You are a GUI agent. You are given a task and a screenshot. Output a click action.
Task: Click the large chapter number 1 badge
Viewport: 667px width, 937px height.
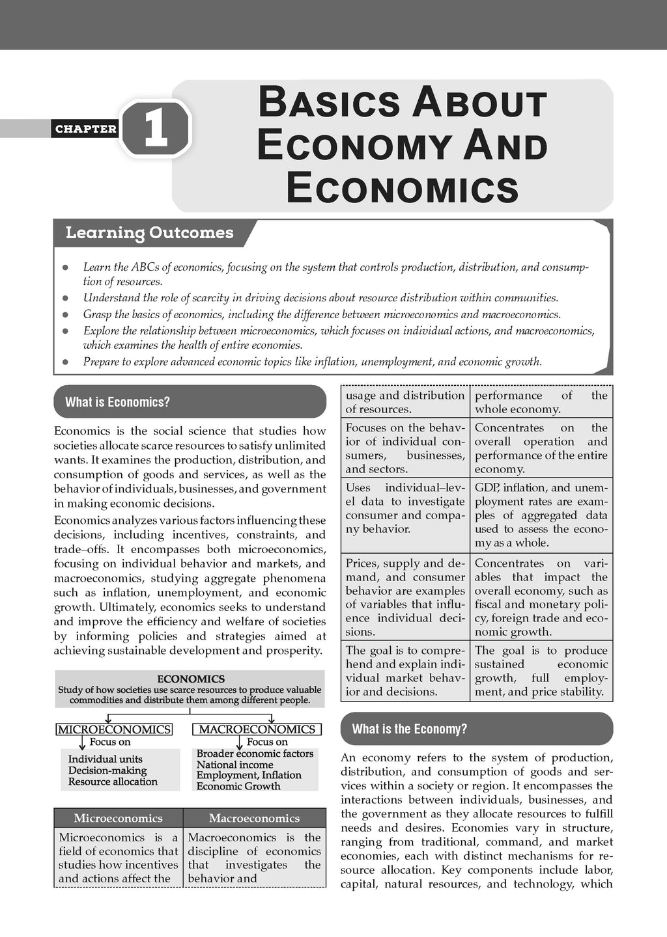click(156, 128)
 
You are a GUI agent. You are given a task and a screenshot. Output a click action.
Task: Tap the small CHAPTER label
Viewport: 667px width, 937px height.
click(86, 129)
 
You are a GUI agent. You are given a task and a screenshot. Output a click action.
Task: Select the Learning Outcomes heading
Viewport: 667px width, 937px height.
click(149, 233)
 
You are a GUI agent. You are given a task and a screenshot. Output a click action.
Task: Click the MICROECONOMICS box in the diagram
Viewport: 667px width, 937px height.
click(115, 729)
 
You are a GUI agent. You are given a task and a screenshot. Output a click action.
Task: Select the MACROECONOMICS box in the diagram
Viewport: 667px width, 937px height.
click(257, 729)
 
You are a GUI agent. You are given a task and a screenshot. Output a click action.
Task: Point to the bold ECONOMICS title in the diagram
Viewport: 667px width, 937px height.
click(190, 679)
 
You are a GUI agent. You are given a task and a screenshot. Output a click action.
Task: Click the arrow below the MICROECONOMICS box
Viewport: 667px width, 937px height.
click(82, 742)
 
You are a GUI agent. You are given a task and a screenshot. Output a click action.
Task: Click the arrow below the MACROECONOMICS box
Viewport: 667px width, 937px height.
click(239, 742)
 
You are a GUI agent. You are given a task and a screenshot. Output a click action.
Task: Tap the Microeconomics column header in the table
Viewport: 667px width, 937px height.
click(118, 818)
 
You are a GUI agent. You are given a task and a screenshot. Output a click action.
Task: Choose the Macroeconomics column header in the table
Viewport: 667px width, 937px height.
click(254, 818)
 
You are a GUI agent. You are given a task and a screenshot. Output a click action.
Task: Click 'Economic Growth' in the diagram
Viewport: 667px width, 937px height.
click(238, 786)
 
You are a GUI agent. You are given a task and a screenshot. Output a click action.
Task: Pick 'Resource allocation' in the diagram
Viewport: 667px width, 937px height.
click(113, 781)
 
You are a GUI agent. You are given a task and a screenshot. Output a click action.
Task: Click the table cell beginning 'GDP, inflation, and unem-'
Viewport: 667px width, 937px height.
click(541, 515)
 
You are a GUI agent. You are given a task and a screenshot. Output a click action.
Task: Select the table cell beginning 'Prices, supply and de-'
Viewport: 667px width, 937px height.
click(404, 597)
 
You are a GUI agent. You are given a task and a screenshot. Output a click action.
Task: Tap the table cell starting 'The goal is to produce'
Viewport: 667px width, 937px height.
click(541, 671)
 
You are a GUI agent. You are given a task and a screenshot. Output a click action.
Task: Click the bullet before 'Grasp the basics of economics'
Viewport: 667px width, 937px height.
click(64, 315)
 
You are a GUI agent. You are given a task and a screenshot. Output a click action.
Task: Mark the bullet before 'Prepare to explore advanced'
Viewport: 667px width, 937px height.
click(64, 362)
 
